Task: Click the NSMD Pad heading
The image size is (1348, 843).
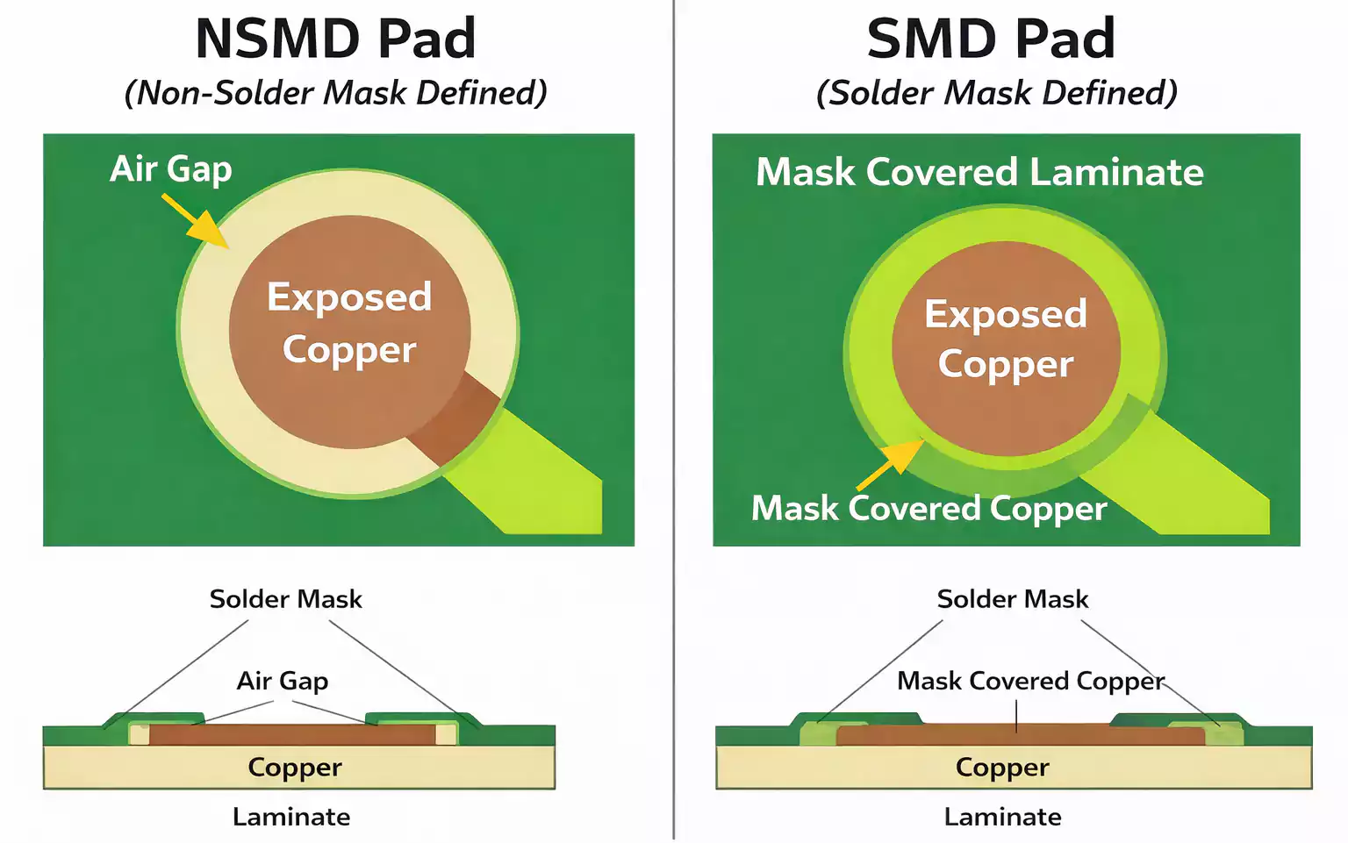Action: pyautogui.click(x=335, y=39)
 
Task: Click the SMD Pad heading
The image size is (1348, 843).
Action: pyautogui.click(x=991, y=39)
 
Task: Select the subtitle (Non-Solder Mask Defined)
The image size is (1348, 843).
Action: pyautogui.click(x=335, y=93)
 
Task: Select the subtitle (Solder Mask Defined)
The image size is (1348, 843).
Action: pyautogui.click(x=996, y=93)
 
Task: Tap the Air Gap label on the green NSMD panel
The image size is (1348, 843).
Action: pyautogui.click(x=171, y=168)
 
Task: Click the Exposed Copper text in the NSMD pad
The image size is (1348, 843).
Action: pyautogui.click(x=349, y=323)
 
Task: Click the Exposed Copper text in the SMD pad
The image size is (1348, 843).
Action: pyautogui.click(x=1006, y=339)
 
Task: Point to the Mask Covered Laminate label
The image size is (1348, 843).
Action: pyautogui.click(x=979, y=172)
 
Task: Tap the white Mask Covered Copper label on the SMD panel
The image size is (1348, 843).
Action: pyautogui.click(x=929, y=509)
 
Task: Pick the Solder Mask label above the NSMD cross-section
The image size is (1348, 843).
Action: pyautogui.click(x=285, y=599)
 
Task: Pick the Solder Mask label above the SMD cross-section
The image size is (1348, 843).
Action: pyautogui.click(x=1012, y=599)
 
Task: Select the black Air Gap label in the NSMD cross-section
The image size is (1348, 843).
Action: pyautogui.click(x=283, y=681)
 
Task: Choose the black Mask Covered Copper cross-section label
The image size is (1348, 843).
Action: pyautogui.click(x=1030, y=681)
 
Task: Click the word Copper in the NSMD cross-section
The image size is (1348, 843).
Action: pyautogui.click(x=295, y=768)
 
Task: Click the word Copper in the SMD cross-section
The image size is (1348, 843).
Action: pyautogui.click(x=1002, y=768)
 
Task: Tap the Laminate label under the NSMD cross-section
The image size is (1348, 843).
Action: pyautogui.click(x=291, y=817)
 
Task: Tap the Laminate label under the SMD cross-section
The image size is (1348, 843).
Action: pyautogui.click(x=1002, y=817)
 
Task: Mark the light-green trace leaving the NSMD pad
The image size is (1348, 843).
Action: pyautogui.click(x=535, y=478)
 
